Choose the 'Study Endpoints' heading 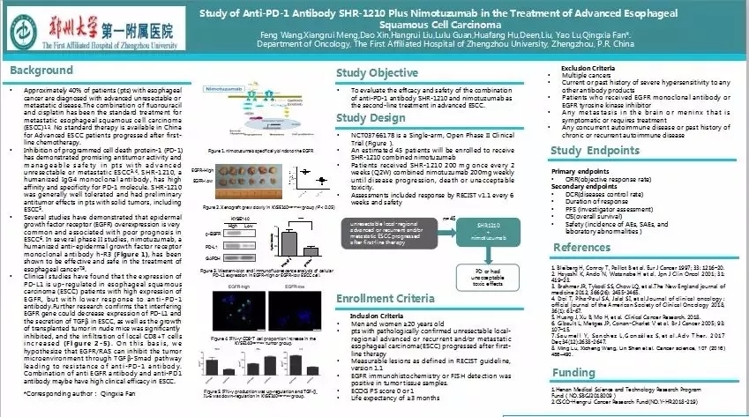coord(592,151)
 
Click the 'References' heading coord(581,248)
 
